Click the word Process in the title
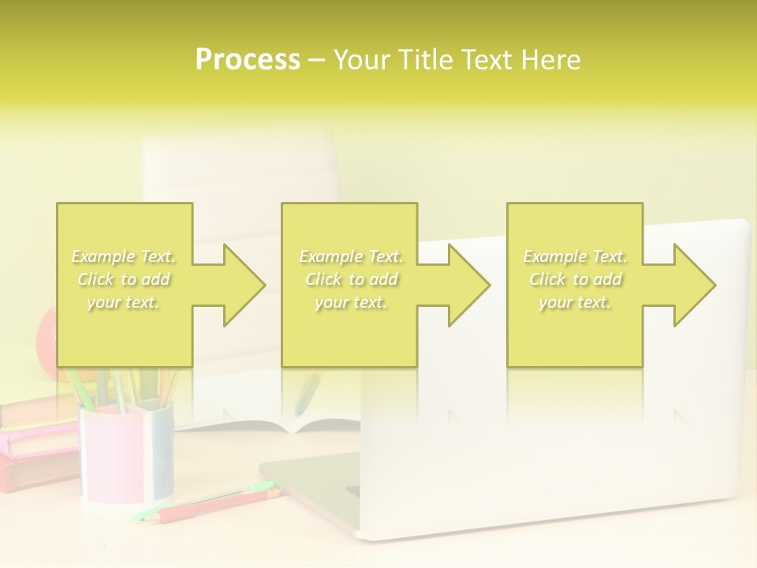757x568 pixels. coord(248,60)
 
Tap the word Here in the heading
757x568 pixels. coord(551,60)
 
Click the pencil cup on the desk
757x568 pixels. coord(126,454)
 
